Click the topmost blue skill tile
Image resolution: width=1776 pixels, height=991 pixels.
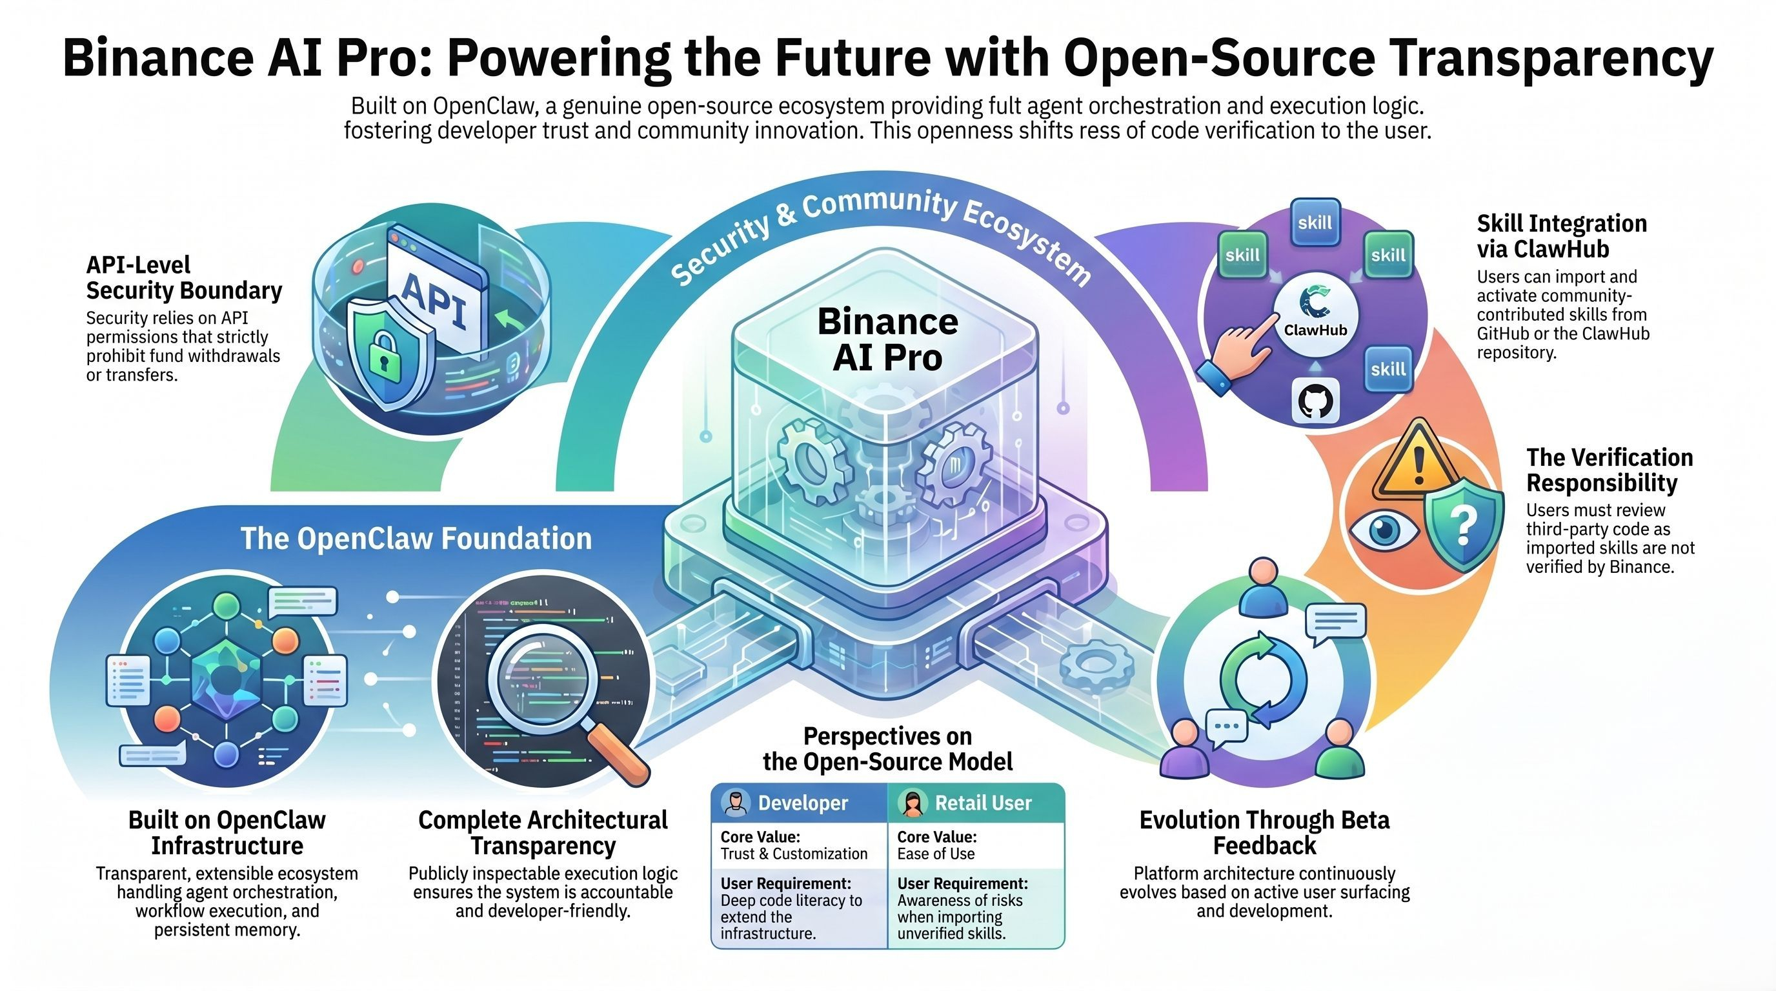(1315, 223)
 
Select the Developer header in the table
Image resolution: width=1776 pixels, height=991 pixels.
(800, 803)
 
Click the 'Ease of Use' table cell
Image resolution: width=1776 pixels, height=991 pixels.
(936, 854)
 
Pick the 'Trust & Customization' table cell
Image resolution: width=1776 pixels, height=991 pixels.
(794, 854)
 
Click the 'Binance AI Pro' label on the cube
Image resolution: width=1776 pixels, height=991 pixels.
(887, 339)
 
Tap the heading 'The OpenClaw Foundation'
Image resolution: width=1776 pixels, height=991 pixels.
(416, 538)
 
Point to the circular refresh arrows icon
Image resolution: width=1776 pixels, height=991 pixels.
(1263, 678)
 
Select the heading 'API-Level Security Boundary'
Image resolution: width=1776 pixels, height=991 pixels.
(183, 277)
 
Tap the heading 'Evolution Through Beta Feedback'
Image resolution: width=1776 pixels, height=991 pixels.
(1264, 832)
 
